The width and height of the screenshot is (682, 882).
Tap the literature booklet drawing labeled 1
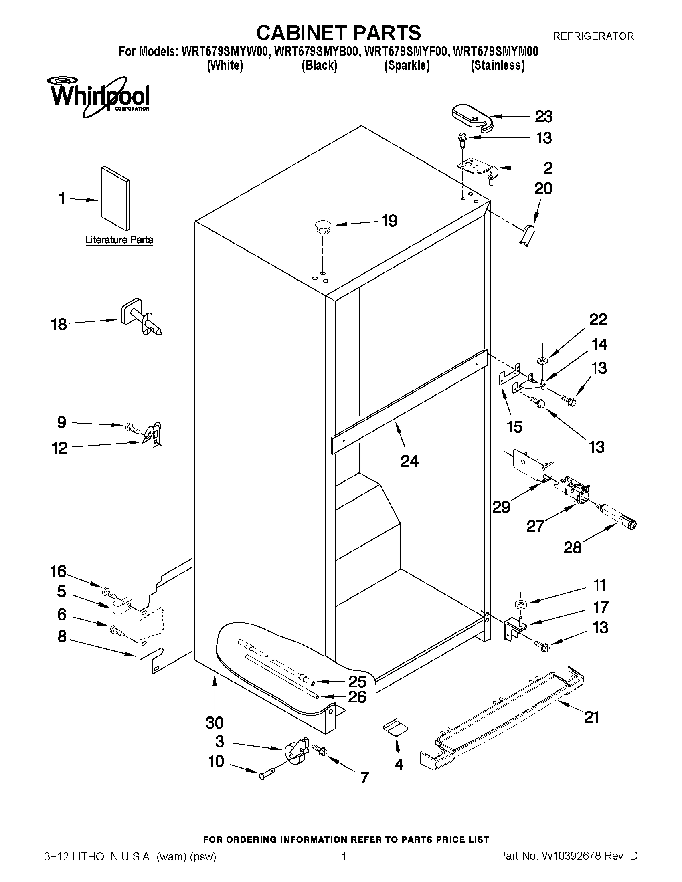(x=115, y=198)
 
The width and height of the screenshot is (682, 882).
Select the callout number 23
(x=543, y=117)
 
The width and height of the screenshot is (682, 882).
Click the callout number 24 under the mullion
(x=409, y=461)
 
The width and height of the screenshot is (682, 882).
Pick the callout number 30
(x=214, y=723)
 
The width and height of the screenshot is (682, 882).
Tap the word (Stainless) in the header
(x=498, y=65)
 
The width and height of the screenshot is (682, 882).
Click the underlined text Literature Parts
(x=119, y=240)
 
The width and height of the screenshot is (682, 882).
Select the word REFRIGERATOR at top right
(x=593, y=36)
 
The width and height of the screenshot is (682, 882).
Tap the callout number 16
(x=58, y=571)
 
